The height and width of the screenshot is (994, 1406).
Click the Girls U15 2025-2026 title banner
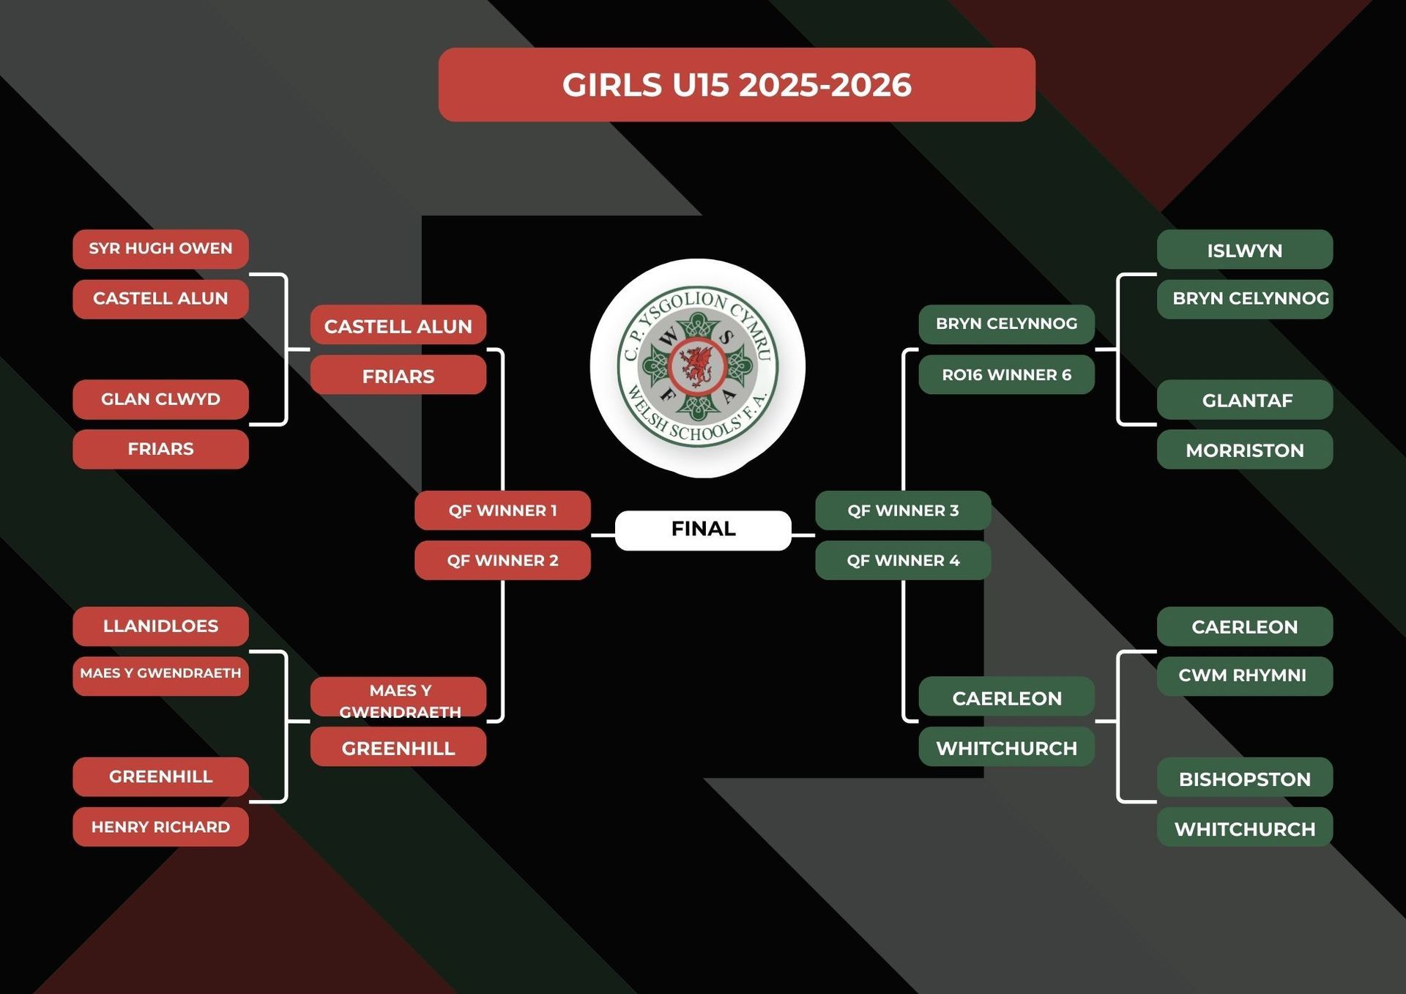pyautogui.click(x=736, y=84)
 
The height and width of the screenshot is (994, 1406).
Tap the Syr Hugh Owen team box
pyautogui.click(x=160, y=249)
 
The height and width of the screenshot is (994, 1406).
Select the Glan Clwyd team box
pyautogui.click(x=160, y=399)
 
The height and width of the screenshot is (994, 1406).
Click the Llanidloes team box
pyautogui.click(x=160, y=626)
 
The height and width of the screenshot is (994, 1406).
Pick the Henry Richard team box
pyautogui.click(x=160, y=827)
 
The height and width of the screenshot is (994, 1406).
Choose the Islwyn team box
pyautogui.click(x=1244, y=251)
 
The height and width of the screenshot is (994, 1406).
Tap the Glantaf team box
pyautogui.click(x=1244, y=400)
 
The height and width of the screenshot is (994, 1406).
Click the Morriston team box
pyautogui.click(x=1244, y=450)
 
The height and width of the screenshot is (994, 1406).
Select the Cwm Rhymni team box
pyautogui.click(x=1244, y=675)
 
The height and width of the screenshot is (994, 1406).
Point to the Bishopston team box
pyautogui.click(x=1244, y=779)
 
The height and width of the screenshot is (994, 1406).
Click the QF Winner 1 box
pyautogui.click(x=502, y=511)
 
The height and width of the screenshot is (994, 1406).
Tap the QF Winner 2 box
pyautogui.click(x=502, y=560)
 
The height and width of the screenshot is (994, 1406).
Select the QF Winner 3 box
pyautogui.click(x=903, y=511)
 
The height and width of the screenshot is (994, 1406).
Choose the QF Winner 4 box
pyautogui.click(x=903, y=560)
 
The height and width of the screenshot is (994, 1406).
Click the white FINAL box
pyautogui.click(x=703, y=529)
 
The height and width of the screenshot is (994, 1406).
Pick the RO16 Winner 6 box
pyautogui.click(x=1006, y=375)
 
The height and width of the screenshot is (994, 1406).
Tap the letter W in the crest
pyautogui.click(x=668, y=338)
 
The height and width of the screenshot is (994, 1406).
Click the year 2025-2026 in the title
pyautogui.click(x=825, y=85)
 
